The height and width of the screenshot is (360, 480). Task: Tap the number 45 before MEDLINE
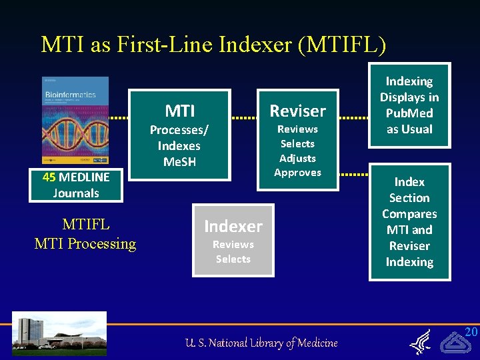49,177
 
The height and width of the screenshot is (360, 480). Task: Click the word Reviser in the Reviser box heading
297,111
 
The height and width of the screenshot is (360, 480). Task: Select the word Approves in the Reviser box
297,173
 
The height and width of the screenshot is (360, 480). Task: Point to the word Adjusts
297,158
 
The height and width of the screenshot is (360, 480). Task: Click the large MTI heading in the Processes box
179,110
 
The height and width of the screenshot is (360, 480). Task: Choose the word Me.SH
179,161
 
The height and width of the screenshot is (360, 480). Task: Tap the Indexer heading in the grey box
233,227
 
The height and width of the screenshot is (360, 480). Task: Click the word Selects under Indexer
233,259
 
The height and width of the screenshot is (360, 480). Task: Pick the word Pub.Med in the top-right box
409,113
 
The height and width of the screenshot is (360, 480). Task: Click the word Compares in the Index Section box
409,214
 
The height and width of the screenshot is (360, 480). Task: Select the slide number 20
471,332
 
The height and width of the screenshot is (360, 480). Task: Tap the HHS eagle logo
420,341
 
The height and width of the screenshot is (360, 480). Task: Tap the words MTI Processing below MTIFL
85,244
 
